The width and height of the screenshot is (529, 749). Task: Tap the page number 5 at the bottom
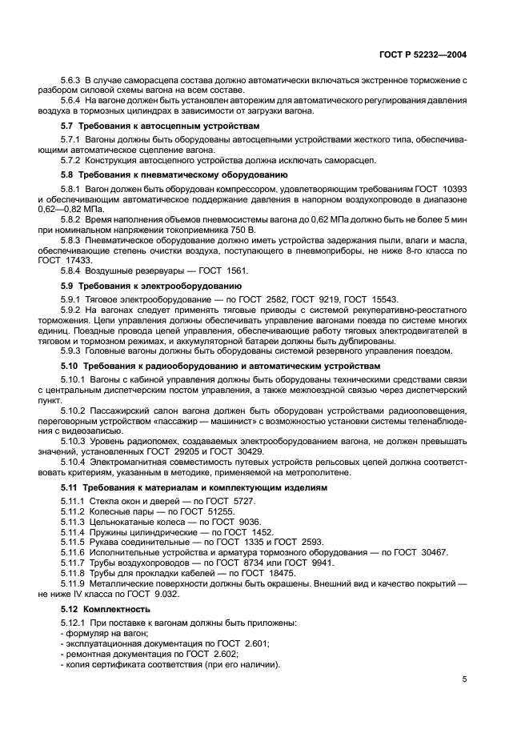[464, 679]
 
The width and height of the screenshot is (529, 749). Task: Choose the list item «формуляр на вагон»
[105, 633]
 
